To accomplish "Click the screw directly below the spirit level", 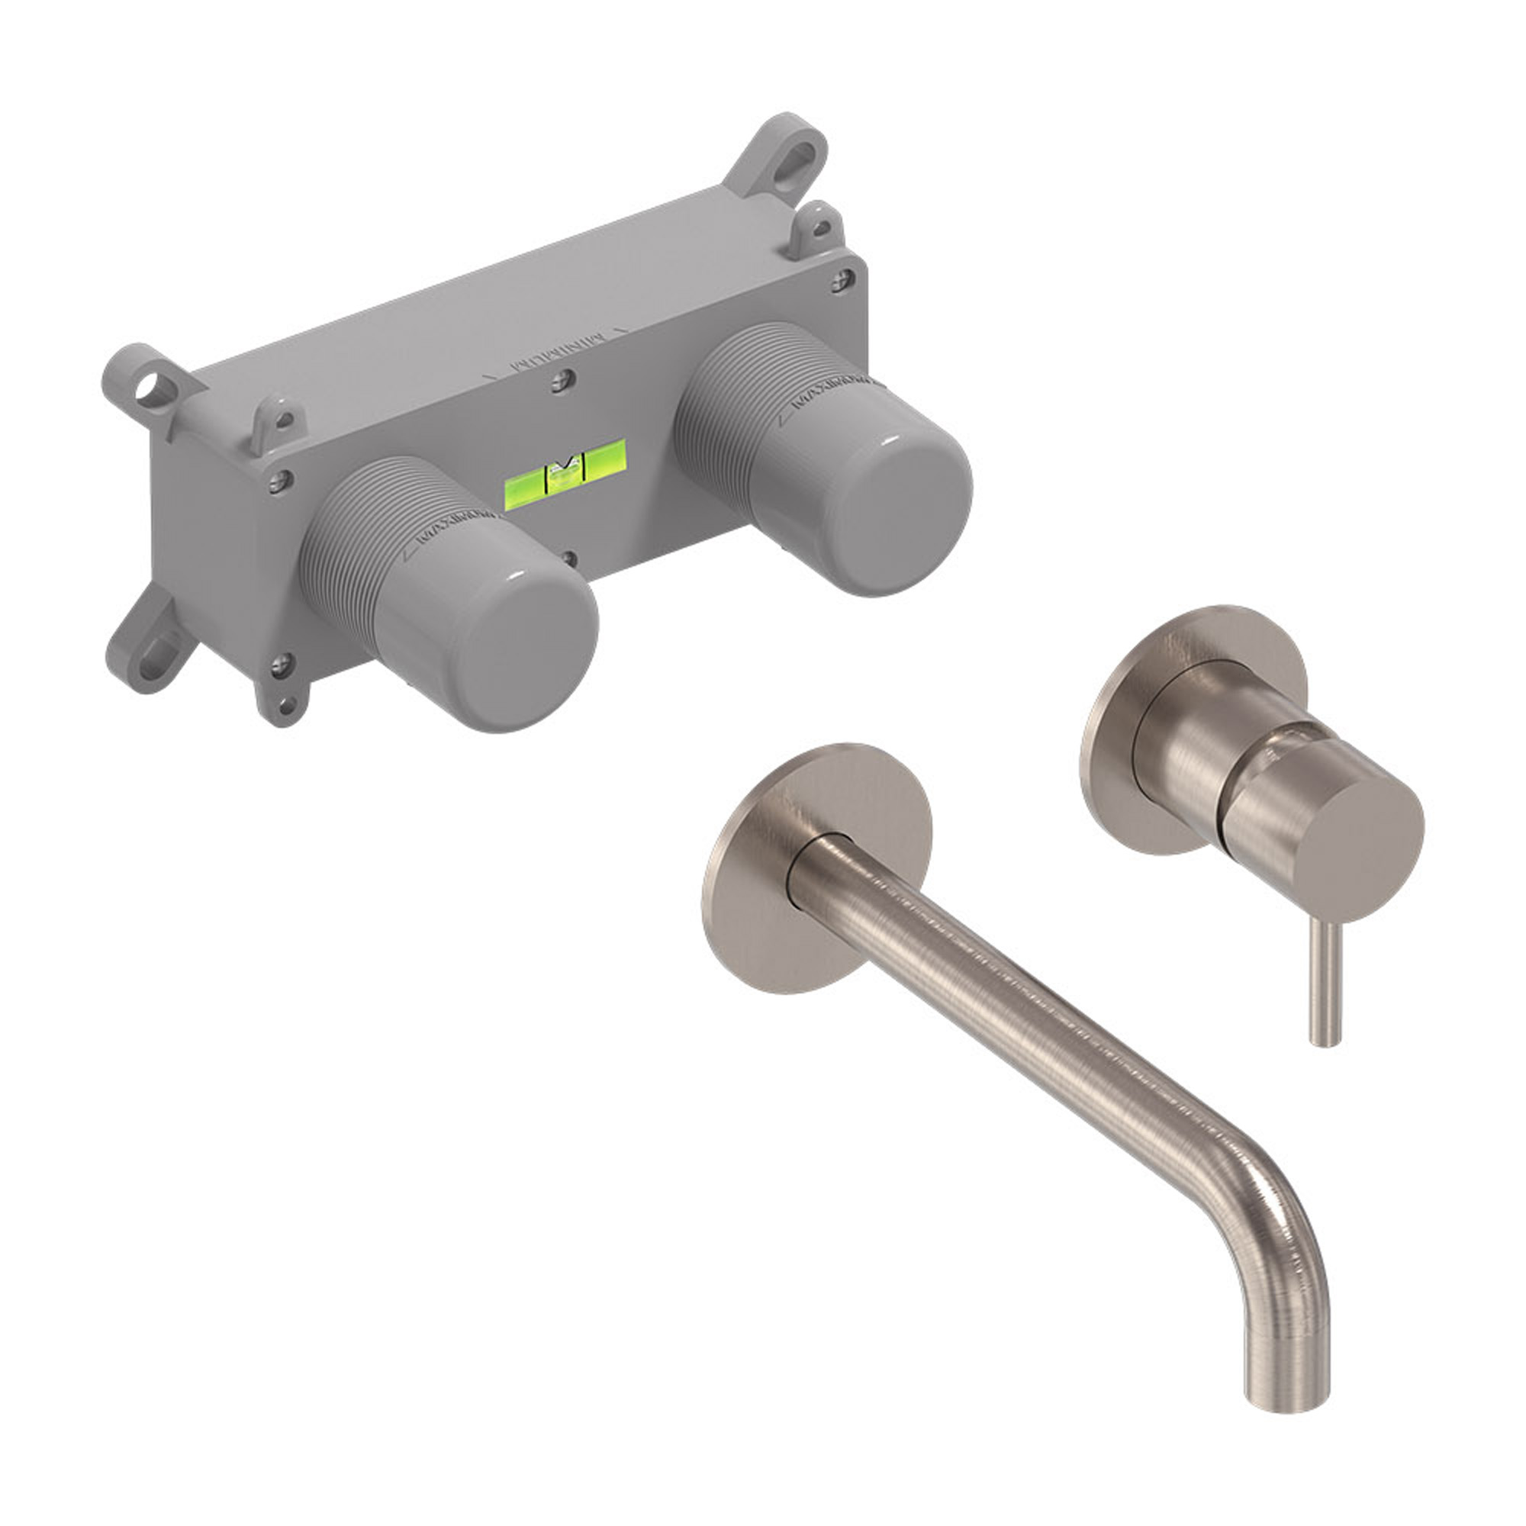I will (x=569, y=559).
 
